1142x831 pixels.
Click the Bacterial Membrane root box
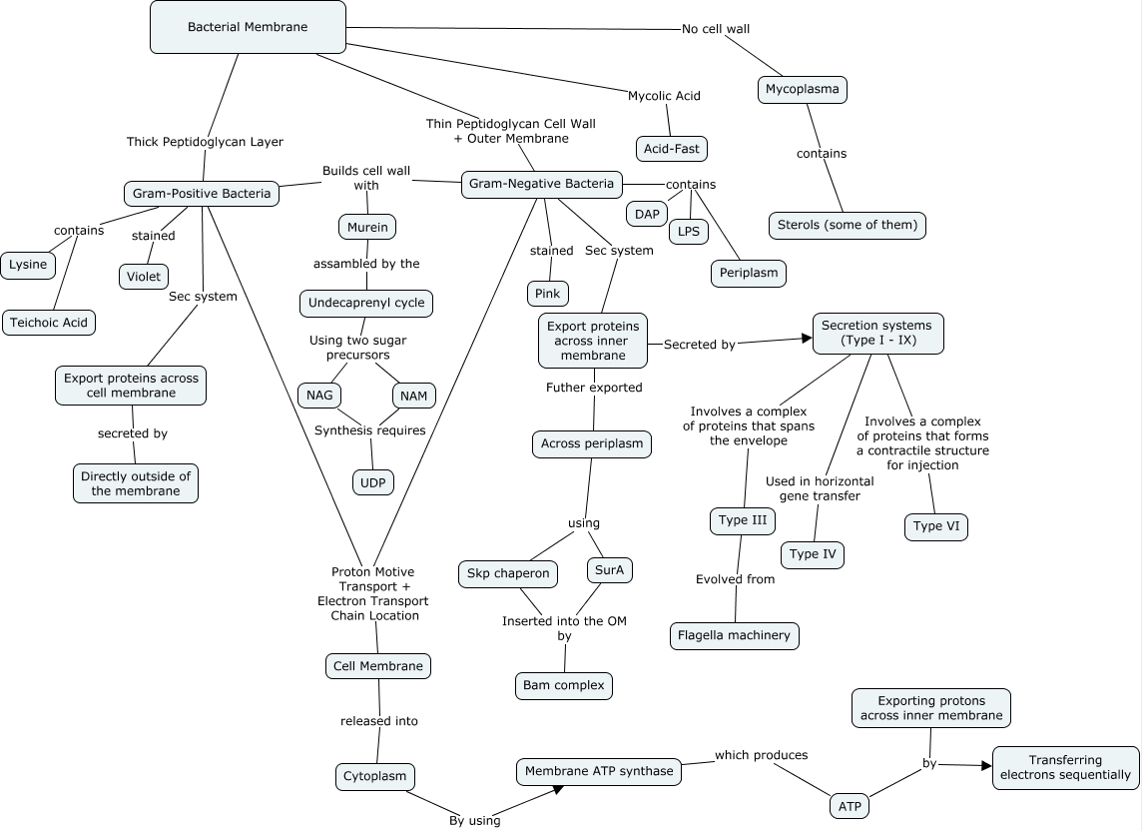[x=248, y=27]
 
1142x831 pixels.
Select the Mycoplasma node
[x=802, y=90]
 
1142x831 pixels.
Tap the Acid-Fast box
[x=672, y=149]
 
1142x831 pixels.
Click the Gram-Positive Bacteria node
[x=202, y=193]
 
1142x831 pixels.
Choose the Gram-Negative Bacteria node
[x=541, y=185]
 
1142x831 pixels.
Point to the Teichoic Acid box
[x=47, y=323]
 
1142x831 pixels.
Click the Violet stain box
[x=144, y=277]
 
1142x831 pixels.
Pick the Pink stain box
[x=548, y=294]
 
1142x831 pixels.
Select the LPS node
[x=688, y=232]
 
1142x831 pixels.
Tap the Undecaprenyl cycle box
[x=366, y=303]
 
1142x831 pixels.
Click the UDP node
[x=373, y=482]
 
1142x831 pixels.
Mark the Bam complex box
[x=564, y=686]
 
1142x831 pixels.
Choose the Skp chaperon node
[x=508, y=573]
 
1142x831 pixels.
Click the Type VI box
[x=935, y=526]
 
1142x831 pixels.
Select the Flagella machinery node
[x=734, y=635]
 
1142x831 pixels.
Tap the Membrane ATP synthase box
[x=599, y=771]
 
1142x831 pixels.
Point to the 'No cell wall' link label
[x=716, y=29]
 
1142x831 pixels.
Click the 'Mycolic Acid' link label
[x=664, y=97]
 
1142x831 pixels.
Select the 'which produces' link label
[x=761, y=755]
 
